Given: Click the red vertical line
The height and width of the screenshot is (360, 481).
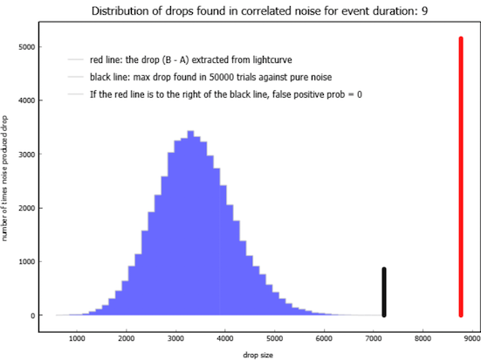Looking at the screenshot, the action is (x=461, y=177).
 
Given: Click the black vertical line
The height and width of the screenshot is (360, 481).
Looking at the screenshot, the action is (x=384, y=292).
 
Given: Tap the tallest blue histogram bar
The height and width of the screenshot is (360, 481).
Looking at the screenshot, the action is (x=190, y=223).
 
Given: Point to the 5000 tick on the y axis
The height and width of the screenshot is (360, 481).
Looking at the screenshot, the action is (x=38, y=46).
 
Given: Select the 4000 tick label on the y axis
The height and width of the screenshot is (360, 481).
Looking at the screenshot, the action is (x=27, y=100).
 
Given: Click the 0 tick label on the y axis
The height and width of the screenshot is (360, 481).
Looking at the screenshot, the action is (x=33, y=315).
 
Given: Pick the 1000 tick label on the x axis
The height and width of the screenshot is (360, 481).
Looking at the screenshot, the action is (x=77, y=338).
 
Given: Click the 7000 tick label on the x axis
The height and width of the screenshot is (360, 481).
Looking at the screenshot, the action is (x=374, y=338).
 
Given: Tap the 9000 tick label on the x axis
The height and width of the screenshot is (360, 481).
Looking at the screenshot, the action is (x=471, y=338).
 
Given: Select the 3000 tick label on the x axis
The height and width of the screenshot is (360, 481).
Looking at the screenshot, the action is (x=175, y=338).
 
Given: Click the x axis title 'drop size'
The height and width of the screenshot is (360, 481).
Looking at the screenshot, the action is (x=258, y=355).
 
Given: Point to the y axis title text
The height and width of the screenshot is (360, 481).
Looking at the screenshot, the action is (x=4, y=178).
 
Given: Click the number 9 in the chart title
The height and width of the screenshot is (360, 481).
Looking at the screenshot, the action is (x=424, y=11).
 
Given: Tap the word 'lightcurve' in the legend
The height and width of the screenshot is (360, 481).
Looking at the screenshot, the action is (x=272, y=59).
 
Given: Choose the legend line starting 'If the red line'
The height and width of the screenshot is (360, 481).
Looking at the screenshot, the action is (x=226, y=94).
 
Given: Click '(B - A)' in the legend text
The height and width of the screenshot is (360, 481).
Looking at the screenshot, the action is (x=175, y=59).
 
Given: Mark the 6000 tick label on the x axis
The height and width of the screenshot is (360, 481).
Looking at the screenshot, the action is (x=324, y=338).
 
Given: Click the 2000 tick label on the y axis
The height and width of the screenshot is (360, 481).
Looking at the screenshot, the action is (x=27, y=208).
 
